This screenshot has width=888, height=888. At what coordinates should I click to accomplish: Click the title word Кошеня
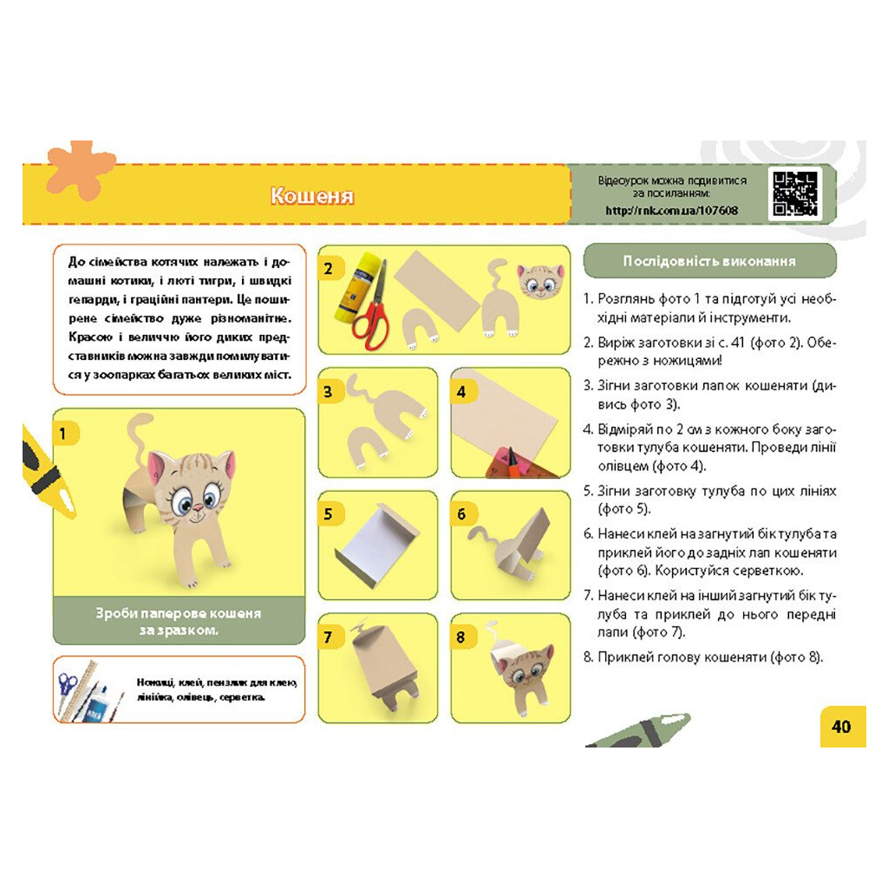point(312,195)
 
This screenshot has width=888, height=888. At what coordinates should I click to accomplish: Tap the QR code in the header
point(795,193)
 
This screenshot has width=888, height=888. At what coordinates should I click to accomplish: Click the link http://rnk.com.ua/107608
point(672,211)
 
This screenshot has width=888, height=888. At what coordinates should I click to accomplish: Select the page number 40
point(841,726)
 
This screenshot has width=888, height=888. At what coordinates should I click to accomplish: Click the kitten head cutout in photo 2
point(540,280)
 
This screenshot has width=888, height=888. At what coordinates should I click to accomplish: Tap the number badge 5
point(329,514)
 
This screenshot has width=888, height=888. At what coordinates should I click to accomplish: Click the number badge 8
point(461,637)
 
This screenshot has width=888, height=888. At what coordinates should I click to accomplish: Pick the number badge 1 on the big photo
point(62,434)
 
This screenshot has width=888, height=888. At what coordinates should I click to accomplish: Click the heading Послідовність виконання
point(709,261)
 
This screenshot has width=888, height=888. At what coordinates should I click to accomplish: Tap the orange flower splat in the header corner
point(79,169)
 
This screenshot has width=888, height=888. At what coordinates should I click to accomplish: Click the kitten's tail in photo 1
point(138,440)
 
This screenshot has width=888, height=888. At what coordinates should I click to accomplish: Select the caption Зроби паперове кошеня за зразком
point(179,621)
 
